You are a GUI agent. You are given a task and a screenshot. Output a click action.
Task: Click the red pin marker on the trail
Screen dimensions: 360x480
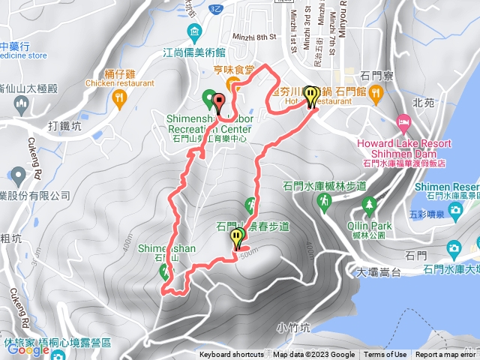tap(219, 103)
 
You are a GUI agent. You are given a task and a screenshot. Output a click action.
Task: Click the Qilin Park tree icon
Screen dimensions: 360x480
tap(369, 204)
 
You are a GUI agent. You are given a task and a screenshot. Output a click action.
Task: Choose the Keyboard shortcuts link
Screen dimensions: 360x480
tap(232, 355)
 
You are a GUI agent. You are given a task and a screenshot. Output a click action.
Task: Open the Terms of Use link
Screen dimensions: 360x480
tap(385, 355)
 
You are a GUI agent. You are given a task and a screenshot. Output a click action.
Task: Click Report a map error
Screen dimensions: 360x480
tap(447, 355)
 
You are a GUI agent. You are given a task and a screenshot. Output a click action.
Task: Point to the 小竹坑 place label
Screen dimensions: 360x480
tap(292, 327)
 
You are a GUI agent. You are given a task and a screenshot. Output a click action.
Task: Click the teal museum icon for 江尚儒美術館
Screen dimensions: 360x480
tap(194, 31)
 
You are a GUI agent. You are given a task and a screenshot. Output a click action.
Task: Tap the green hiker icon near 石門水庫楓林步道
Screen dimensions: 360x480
tap(325, 202)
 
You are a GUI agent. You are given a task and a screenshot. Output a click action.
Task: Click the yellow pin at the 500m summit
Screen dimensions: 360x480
tap(238, 238)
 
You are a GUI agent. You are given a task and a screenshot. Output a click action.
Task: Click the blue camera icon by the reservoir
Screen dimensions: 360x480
tap(453, 248)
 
